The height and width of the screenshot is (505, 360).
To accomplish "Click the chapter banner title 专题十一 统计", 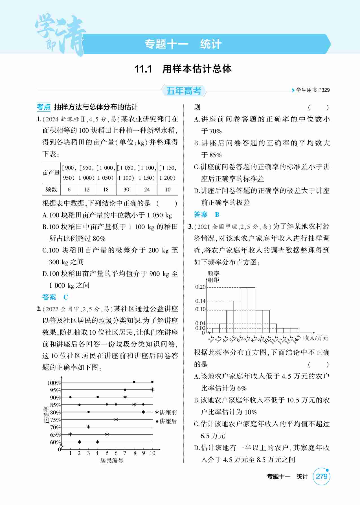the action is pyautogui.click(x=183, y=44).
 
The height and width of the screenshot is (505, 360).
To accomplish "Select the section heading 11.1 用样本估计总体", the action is pyautogui.click(x=183, y=69).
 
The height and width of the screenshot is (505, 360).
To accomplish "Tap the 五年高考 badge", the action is pyautogui.click(x=184, y=91).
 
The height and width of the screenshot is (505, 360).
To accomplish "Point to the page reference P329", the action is pyautogui.click(x=324, y=90).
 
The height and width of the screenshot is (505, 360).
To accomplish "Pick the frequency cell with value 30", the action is pyautogui.click(x=126, y=190).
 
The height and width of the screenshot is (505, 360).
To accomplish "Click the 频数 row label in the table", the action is pyautogui.click(x=51, y=190).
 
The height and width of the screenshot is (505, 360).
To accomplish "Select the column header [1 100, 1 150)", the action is pyautogui.click(x=147, y=173).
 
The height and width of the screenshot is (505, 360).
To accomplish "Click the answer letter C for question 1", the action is pyautogui.click(x=66, y=297).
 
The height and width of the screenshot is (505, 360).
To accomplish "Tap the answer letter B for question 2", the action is pyautogui.click(x=217, y=215).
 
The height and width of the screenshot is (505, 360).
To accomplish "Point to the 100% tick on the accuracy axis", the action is pyautogui.click(x=54, y=383).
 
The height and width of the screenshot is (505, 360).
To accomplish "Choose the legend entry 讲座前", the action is pyautogui.click(x=166, y=412).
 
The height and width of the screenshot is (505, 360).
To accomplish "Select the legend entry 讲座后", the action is pyautogui.click(x=166, y=421).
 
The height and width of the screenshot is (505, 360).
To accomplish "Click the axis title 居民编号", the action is pyautogui.click(x=112, y=461).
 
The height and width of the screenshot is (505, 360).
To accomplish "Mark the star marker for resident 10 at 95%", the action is pyautogui.click(x=152, y=390).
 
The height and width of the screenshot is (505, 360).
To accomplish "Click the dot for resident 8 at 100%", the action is pyautogui.click(x=134, y=382).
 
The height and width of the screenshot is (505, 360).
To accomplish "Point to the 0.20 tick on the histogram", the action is pyautogui.click(x=200, y=287).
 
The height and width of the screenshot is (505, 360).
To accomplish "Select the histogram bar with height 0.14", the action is pyautogui.click(x=237, y=317).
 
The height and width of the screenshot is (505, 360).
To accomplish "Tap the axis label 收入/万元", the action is pyautogui.click(x=316, y=338).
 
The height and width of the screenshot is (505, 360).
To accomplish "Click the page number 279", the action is pyautogui.click(x=321, y=477).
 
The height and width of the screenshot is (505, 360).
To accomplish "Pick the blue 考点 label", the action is pyautogui.click(x=43, y=107).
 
